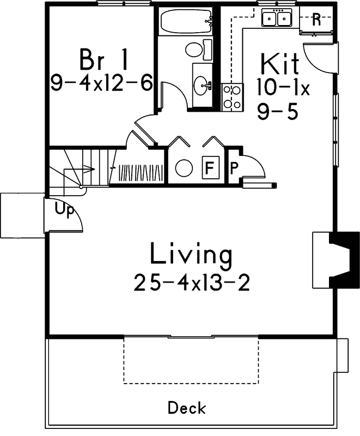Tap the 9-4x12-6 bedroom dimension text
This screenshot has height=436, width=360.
100,83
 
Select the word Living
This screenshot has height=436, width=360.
191,255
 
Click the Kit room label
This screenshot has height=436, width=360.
280,64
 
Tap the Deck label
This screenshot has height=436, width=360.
186,407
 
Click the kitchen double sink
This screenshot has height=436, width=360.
277,19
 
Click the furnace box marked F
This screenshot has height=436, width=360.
208,167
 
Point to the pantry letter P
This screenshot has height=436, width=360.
234,167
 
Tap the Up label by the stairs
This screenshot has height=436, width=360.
64,210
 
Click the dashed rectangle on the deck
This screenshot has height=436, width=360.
191,360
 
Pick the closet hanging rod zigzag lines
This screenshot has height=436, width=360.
140,173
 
